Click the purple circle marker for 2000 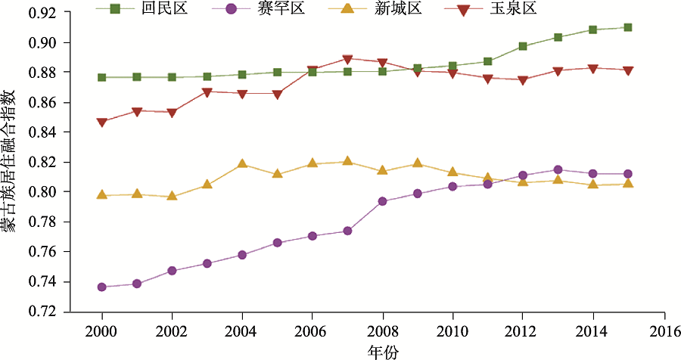coord(102,287)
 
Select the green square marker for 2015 coord(628,27)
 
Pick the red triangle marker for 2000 coord(102,121)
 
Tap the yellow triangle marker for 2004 coord(242,163)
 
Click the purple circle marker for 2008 coord(383,201)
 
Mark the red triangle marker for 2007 coord(347,59)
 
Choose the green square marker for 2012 coord(523,46)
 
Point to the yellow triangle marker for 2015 coord(628,183)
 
